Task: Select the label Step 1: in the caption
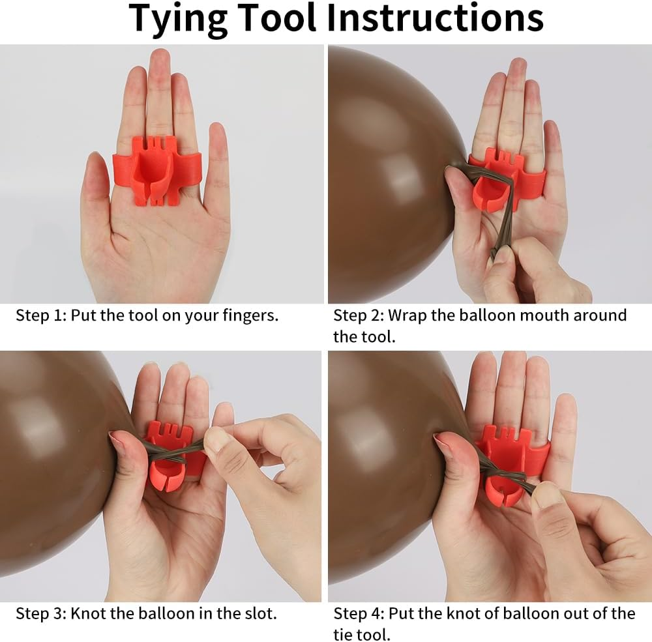[40, 315]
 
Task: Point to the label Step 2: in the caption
[359, 315]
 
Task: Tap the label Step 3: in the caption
[40, 613]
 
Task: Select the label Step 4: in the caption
[359, 613]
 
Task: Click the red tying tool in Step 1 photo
[157, 171]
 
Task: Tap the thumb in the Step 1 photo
[96, 187]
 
